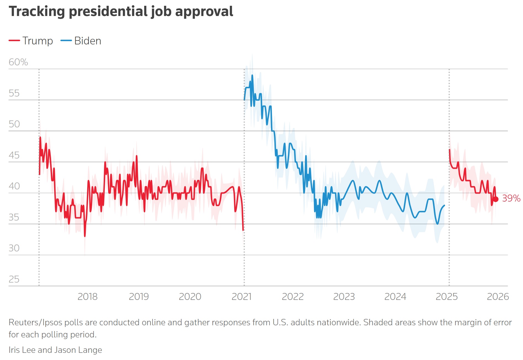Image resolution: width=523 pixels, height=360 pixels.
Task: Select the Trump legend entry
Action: tap(31, 41)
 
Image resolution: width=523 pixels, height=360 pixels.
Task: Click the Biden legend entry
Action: tap(81, 41)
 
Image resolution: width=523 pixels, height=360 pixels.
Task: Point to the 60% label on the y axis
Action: tap(18, 62)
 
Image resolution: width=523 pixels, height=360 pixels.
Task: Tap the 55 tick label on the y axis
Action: tap(14, 93)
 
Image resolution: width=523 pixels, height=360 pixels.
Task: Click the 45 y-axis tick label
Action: tap(14, 155)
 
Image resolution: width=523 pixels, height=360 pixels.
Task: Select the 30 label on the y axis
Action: tap(14, 248)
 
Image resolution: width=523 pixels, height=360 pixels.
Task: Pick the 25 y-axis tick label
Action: tap(14, 279)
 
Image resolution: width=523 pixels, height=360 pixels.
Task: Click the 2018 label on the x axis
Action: tap(87, 297)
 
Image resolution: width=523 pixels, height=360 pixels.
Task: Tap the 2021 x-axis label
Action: tap(241, 297)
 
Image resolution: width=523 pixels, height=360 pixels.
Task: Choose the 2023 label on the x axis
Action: tap(344, 297)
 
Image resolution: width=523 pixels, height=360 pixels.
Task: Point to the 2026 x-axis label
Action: tap(498, 297)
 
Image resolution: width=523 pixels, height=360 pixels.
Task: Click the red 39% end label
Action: tap(511, 198)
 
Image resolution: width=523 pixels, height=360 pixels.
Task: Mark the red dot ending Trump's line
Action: tap(496, 199)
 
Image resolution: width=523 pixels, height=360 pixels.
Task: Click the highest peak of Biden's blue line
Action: tap(252, 75)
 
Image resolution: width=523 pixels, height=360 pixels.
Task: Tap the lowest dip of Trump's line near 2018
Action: tap(85, 236)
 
